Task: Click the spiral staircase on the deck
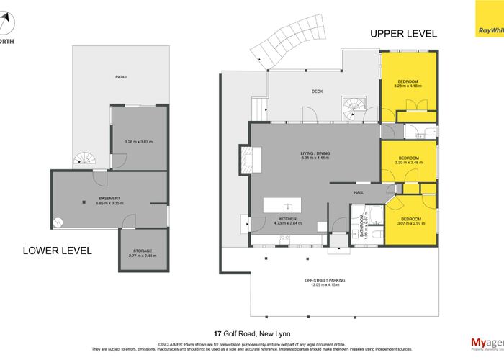point(354,109)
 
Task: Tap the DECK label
point(316,91)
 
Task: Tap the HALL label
point(358,192)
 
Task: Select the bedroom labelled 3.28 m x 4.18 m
point(407,84)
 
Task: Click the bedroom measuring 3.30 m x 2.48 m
point(408,160)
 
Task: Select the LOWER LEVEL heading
point(57,251)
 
